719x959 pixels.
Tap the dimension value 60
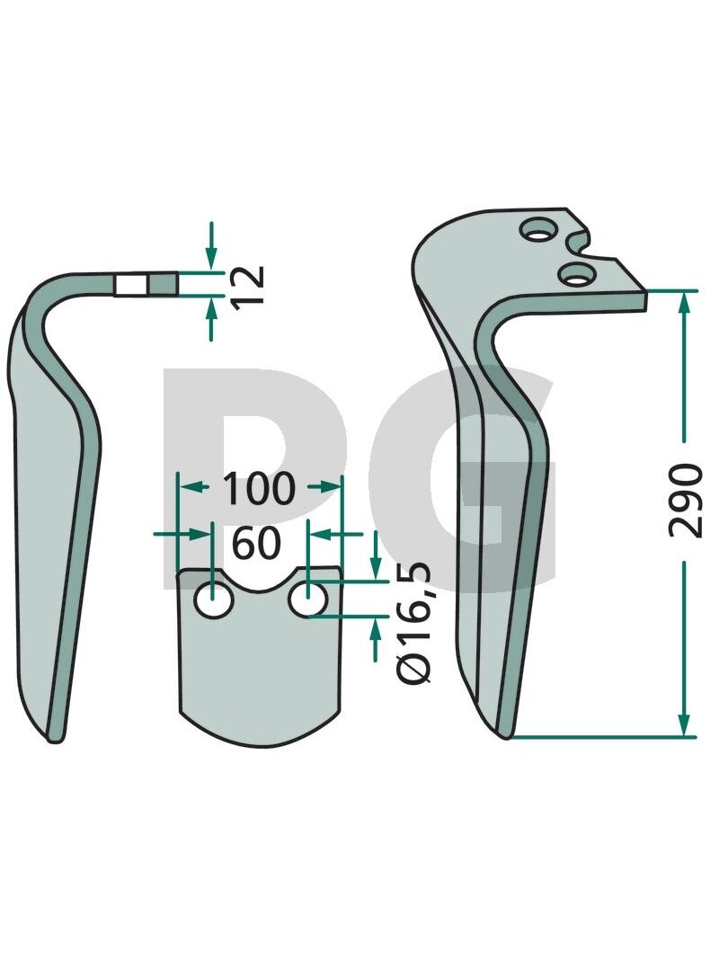point(257,543)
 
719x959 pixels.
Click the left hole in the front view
point(213,600)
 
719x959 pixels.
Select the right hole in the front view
point(308,600)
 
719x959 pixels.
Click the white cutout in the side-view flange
point(131,285)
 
